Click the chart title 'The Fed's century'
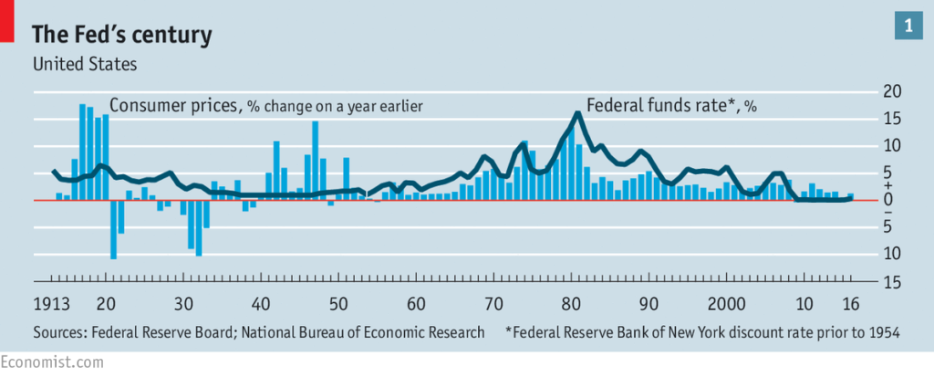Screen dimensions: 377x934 click(122, 36)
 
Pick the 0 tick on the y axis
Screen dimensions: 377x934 click(888, 200)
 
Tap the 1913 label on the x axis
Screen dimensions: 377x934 click(51, 304)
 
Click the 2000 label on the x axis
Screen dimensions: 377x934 click(727, 304)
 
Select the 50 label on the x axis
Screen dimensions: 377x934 click(338, 304)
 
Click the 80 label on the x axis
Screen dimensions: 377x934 click(572, 304)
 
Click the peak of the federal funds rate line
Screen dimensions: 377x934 click(577, 113)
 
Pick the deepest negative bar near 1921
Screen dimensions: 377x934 click(113, 229)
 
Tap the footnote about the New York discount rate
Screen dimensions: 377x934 click(702, 332)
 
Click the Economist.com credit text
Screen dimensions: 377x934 click(40, 362)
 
